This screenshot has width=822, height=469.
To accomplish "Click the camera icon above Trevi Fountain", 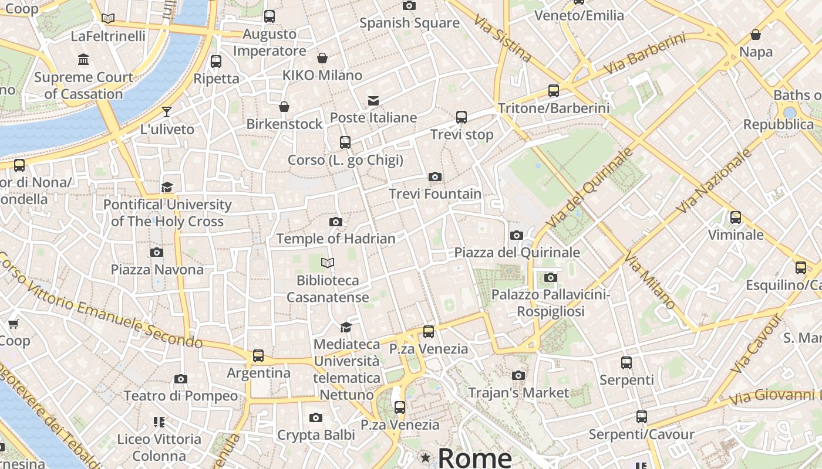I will tap(435, 176).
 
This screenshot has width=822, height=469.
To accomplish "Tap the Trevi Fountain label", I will tap(435, 193).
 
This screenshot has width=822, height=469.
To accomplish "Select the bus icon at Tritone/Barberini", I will tap(554, 90).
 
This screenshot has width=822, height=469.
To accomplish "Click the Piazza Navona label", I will tap(157, 270).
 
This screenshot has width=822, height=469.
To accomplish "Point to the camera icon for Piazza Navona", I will tap(157, 252).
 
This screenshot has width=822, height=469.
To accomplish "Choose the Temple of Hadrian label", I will tap(336, 239).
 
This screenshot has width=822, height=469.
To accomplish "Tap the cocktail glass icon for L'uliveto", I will tap(167, 111).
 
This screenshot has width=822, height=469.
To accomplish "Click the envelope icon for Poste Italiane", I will tap(373, 100).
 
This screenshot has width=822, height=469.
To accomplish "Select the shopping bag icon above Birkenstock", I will tap(284, 107).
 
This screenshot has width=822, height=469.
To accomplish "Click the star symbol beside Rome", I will tap(426, 457).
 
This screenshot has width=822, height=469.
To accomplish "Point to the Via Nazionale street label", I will tap(714, 181).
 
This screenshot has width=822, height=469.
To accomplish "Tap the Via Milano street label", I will tap(650, 280).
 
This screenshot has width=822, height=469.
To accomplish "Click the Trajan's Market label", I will tap(518, 393).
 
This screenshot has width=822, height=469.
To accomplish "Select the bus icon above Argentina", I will tap(258, 355).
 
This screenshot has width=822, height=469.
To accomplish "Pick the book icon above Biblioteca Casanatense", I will tap(328, 263).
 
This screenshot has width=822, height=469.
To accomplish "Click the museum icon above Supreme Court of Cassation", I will tap(83, 59).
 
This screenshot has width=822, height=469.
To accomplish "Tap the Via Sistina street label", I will tap(502, 39).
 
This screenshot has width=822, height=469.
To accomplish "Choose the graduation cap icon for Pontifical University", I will tap(167, 187).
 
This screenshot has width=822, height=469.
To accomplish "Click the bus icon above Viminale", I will tap(736, 217).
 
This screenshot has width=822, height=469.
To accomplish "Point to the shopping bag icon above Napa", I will tap(756, 35).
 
